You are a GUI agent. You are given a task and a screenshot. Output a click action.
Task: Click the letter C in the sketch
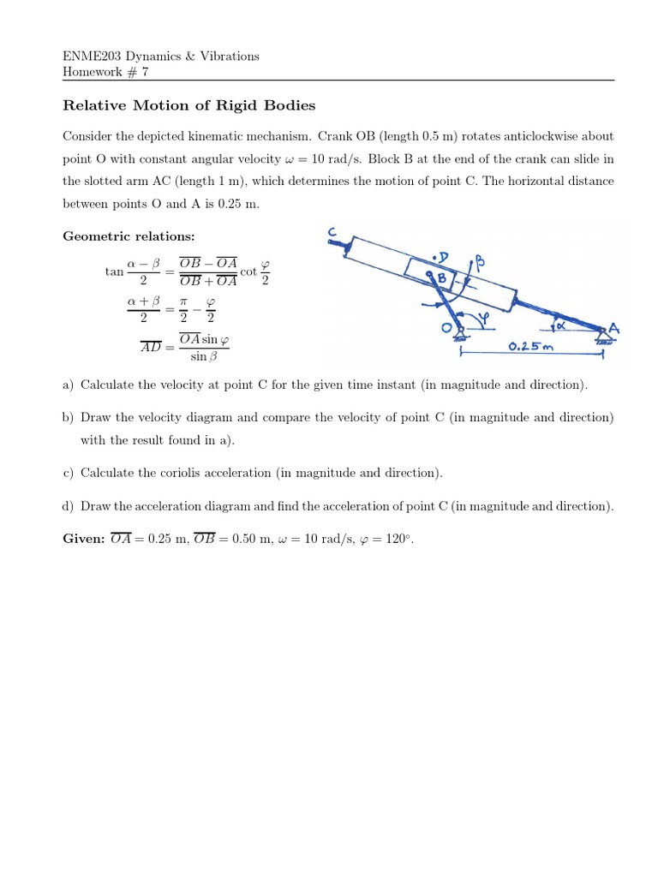[x=332, y=233]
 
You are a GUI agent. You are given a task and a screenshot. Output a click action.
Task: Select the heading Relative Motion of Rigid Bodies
[x=189, y=106]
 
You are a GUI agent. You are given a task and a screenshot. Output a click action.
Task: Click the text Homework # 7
[x=106, y=72]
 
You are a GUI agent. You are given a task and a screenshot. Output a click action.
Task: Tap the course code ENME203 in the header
[x=91, y=57]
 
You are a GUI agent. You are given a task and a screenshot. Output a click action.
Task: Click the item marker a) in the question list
[x=69, y=385]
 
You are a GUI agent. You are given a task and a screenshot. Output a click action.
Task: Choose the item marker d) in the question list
[x=69, y=506]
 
